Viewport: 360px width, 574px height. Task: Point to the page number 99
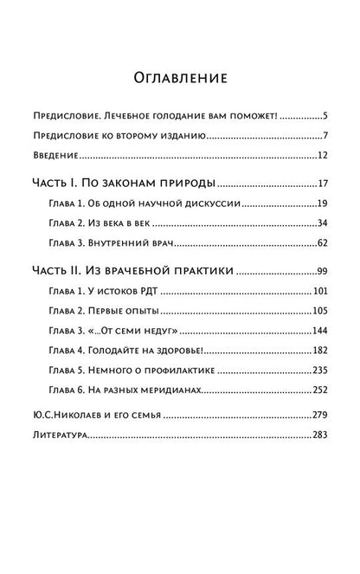coord(321,272)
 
